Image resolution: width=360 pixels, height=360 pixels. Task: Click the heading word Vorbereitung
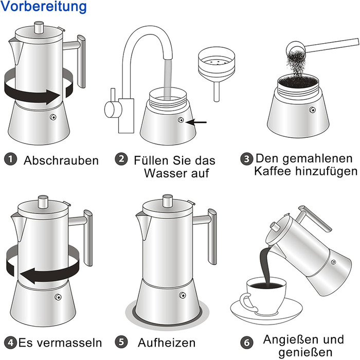coord(43,6)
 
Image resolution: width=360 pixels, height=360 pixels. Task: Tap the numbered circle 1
coord(11,159)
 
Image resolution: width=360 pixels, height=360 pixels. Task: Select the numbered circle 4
coord(11,343)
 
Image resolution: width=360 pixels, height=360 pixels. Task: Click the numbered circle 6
coord(246,343)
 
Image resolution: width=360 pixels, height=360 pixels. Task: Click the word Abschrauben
coord(61,160)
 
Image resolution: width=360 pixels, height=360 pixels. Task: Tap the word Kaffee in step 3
coord(273,171)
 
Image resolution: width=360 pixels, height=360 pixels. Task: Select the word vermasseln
coord(70,343)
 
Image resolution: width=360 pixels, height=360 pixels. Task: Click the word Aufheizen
coord(167,343)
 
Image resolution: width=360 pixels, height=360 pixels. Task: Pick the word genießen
coord(305,352)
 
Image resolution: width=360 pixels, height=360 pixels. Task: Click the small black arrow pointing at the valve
coord(196,122)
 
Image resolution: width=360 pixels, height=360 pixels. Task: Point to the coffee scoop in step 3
coord(321,47)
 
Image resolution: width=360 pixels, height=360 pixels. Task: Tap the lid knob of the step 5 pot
coord(167,200)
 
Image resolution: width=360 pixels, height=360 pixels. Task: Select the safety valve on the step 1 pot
coord(53,117)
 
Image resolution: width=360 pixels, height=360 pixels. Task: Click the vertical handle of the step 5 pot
coord(212,237)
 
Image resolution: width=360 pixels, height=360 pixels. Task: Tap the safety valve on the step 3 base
coord(312,110)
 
